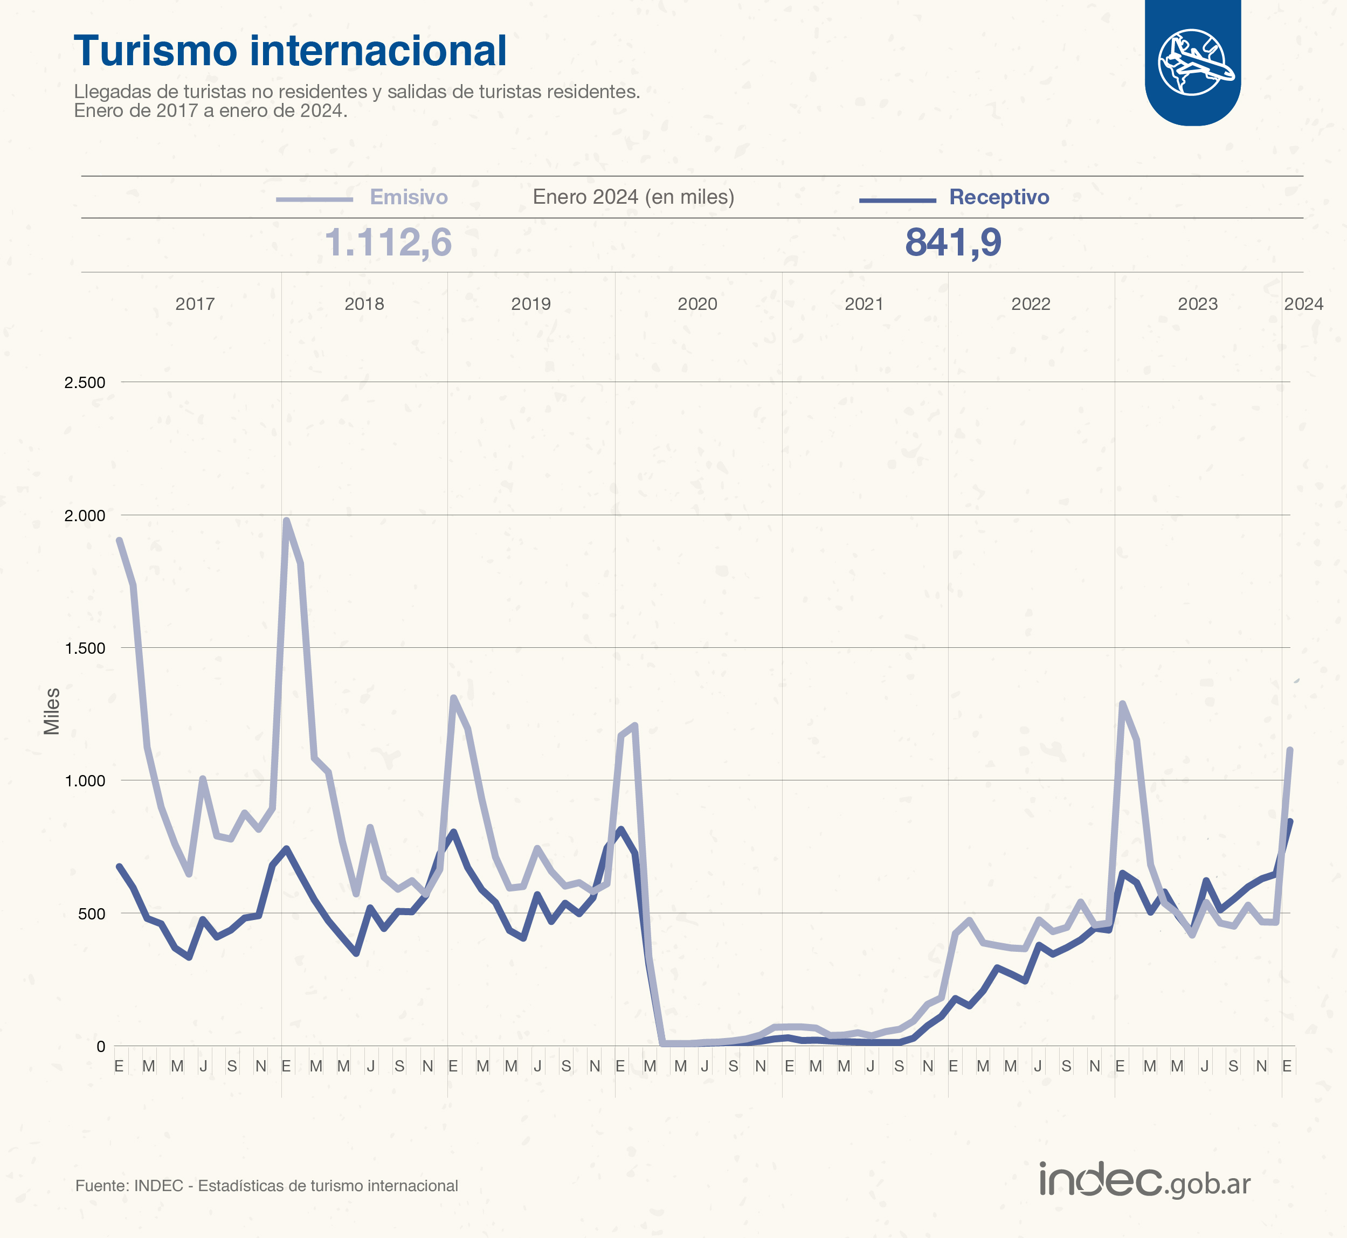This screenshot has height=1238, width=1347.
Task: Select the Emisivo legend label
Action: [409, 197]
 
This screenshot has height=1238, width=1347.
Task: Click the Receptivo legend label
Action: [999, 197]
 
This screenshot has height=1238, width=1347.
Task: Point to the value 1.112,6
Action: [388, 242]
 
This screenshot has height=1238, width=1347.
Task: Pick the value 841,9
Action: [952, 242]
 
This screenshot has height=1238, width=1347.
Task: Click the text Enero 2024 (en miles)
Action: [633, 197]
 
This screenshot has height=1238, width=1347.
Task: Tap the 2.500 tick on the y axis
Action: [85, 383]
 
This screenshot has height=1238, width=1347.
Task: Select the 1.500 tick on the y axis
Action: [85, 648]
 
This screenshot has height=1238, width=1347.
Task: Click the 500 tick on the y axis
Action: [91, 914]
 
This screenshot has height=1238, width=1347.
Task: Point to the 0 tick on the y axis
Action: [100, 1047]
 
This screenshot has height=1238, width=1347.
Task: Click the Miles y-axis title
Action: [52, 711]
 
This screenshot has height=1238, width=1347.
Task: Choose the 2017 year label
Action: [195, 304]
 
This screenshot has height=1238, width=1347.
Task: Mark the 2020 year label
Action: [697, 304]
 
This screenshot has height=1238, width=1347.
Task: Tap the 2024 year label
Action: [1303, 304]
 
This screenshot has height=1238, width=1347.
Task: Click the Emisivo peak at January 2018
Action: [287, 521]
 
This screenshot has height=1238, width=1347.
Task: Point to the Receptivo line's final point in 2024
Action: [1290, 821]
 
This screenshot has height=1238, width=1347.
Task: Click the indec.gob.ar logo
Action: [1144, 1180]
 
